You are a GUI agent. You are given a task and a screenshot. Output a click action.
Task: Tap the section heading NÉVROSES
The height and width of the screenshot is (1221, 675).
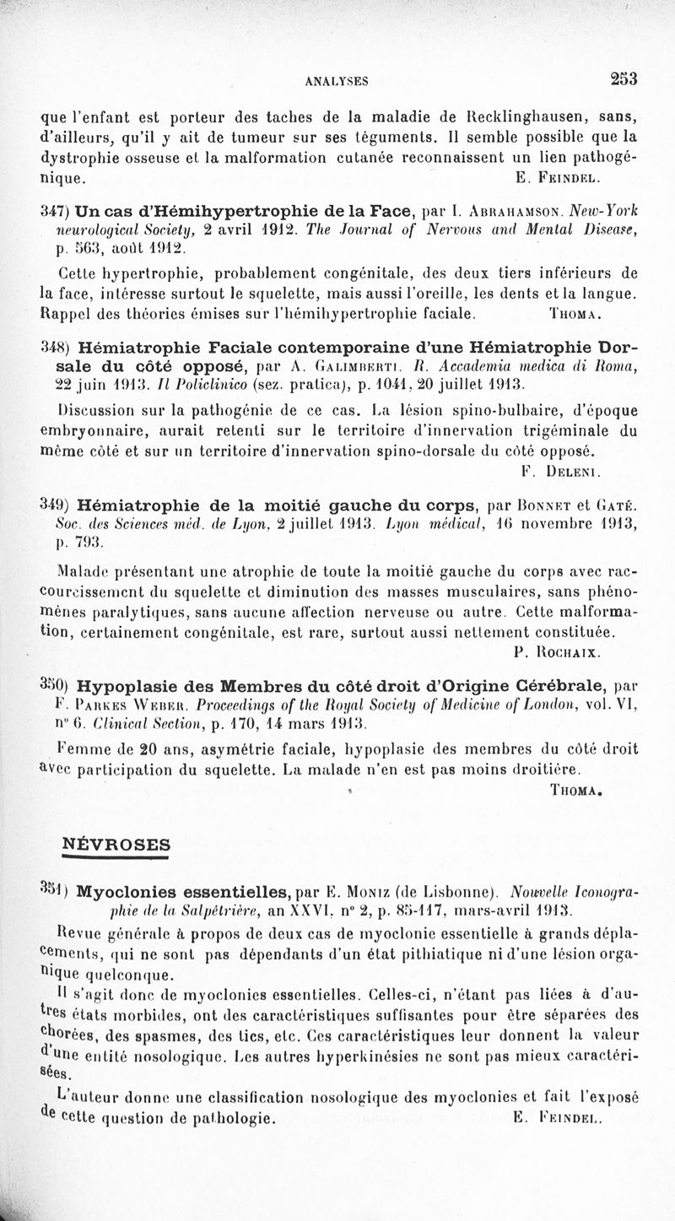click(116, 844)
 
